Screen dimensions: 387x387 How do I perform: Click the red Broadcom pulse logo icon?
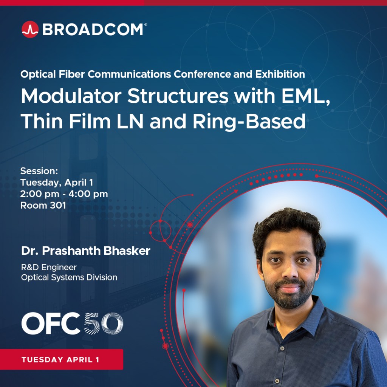pyautogui.click(x=30, y=29)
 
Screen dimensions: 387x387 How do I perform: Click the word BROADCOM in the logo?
pyautogui.click(x=93, y=29)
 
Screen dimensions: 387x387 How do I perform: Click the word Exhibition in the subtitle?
pyautogui.click(x=280, y=74)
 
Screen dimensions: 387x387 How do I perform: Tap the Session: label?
pyautogui.click(x=39, y=171)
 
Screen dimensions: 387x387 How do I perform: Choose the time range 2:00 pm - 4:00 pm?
pyautogui.click(x=64, y=194)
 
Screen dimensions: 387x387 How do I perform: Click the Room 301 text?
pyautogui.click(x=43, y=205)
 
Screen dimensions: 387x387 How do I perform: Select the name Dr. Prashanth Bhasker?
pyautogui.click(x=86, y=251)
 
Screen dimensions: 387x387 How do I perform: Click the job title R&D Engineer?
pyautogui.click(x=49, y=267)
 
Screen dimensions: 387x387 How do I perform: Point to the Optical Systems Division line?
pyautogui.click(x=69, y=277)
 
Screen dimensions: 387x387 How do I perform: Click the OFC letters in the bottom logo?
pyautogui.click(x=51, y=324)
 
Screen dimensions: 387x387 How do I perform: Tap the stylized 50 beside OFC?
pyautogui.click(x=104, y=324)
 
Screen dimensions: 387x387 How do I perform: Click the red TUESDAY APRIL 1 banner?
pyautogui.click(x=62, y=359)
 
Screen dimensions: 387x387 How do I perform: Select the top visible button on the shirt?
pyautogui.click(x=282, y=348)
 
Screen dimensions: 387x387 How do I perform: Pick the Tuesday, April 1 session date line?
pyautogui.click(x=57, y=183)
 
